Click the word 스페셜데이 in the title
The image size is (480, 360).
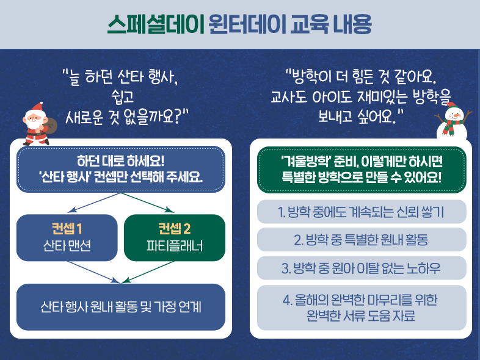pyautogui.click(x=156, y=24)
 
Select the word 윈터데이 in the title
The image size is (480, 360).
pyautogui.click(x=247, y=24)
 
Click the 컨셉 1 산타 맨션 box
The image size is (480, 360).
pyautogui.click(x=67, y=237)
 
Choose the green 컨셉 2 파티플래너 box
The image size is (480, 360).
pyautogui.click(x=175, y=237)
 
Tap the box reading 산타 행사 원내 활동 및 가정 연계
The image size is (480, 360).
pyautogui.click(x=121, y=307)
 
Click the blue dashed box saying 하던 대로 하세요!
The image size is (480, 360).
pyautogui.click(x=121, y=169)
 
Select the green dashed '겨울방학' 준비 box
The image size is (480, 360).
pyautogui.click(x=362, y=170)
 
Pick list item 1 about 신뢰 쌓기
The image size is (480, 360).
pyautogui.click(x=362, y=212)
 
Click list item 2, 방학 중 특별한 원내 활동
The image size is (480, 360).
pyautogui.click(x=362, y=239)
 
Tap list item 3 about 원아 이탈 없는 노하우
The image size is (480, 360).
pyautogui.click(x=362, y=268)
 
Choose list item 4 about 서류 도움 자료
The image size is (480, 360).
pyautogui.click(x=362, y=308)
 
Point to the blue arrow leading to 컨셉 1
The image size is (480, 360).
pyautogui.click(x=94, y=203)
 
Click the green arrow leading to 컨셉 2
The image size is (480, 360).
pyautogui.click(x=148, y=203)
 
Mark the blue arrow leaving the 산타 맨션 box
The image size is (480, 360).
pyautogui.click(x=93, y=272)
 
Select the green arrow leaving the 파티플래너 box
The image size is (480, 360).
pyautogui.click(x=148, y=272)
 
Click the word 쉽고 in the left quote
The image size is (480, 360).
pyautogui.click(x=123, y=96)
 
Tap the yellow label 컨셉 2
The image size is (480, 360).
pyautogui.click(x=175, y=228)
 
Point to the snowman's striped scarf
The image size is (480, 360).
pyautogui.click(x=452, y=126)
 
